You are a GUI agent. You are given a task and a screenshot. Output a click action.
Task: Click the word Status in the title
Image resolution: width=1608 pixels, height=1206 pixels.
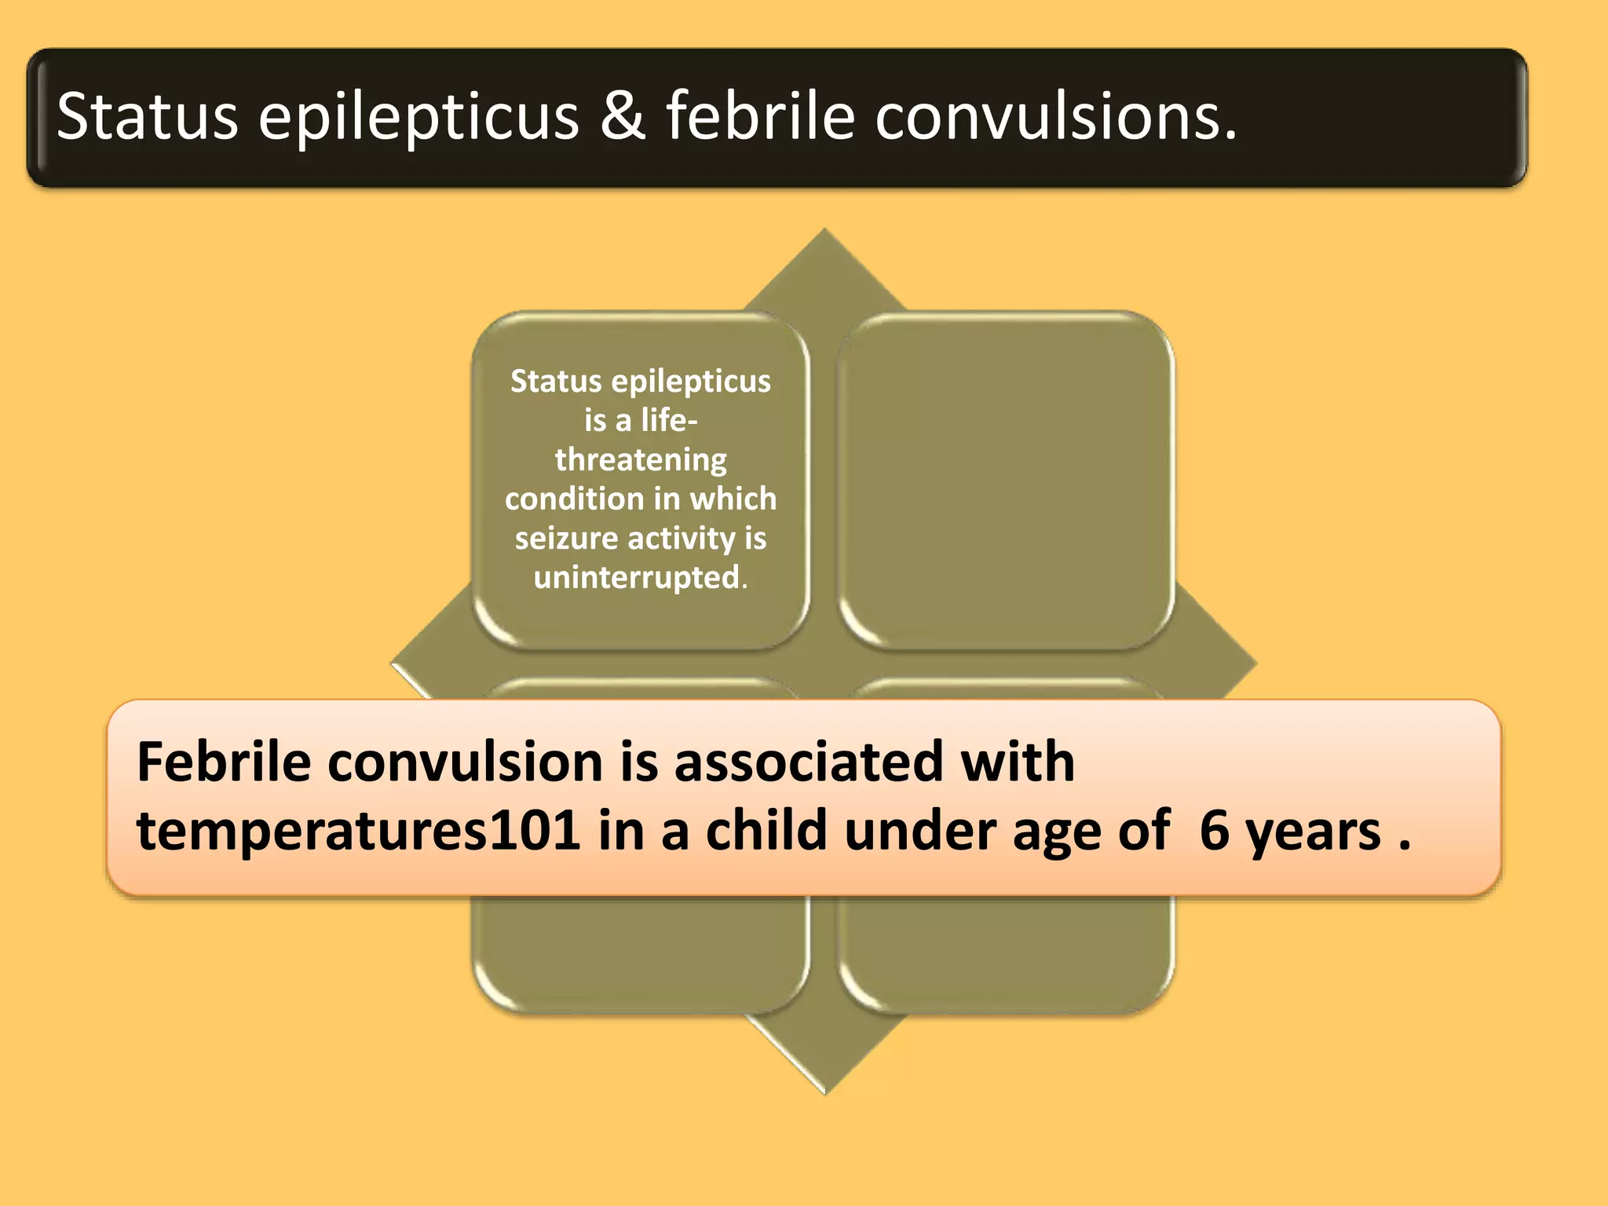coord(147,116)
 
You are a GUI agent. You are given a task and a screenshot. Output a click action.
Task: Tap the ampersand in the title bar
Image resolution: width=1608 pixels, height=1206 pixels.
coord(623,116)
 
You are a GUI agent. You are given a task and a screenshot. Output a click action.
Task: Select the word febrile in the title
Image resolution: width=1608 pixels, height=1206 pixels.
coord(760,116)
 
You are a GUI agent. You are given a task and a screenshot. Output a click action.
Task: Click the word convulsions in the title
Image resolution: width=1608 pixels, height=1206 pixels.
coord(1055,116)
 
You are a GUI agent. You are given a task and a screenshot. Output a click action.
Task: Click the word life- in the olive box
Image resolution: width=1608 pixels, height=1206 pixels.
coord(669,420)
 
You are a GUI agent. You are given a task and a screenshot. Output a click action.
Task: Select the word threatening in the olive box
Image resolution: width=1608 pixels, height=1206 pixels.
coord(641,460)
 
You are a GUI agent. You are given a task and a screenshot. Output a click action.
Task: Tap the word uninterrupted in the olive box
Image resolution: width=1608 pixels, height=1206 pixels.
coord(637,578)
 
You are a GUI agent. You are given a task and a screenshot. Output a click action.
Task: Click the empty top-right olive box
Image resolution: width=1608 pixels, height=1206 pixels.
coord(1006,481)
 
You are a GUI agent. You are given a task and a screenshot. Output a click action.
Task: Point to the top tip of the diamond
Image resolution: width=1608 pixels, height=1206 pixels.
coord(824,232)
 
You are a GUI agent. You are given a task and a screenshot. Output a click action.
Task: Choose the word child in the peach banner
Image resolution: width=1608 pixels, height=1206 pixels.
coord(766,831)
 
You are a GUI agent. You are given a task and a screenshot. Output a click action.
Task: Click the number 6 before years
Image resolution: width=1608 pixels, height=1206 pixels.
coord(1214,831)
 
